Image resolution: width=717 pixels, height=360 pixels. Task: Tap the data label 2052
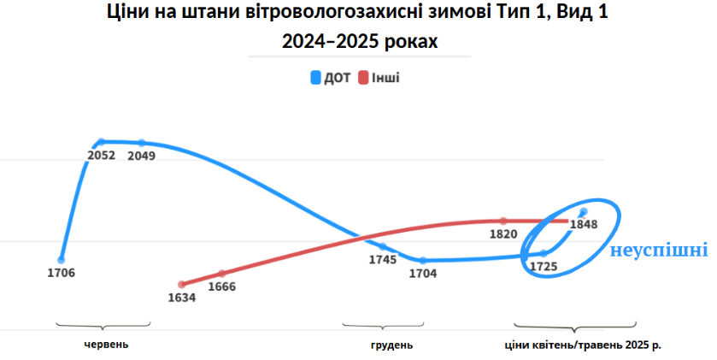[x=101, y=156]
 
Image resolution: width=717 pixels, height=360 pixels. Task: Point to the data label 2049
[x=141, y=156]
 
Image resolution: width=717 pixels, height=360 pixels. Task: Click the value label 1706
[x=62, y=274]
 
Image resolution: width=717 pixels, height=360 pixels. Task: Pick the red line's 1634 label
[x=181, y=298]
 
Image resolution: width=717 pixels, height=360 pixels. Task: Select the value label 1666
[x=222, y=286]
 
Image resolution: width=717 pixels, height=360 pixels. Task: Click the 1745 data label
[x=382, y=259]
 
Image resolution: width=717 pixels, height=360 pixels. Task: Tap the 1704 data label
[x=422, y=274]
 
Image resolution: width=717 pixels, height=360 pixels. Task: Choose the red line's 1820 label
[x=503, y=233]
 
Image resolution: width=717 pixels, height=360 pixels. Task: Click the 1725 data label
[x=544, y=266]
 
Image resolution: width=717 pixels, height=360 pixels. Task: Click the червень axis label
[x=106, y=345]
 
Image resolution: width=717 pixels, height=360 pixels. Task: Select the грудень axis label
[x=392, y=345]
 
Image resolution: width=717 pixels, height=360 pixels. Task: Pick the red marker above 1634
[x=181, y=284]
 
